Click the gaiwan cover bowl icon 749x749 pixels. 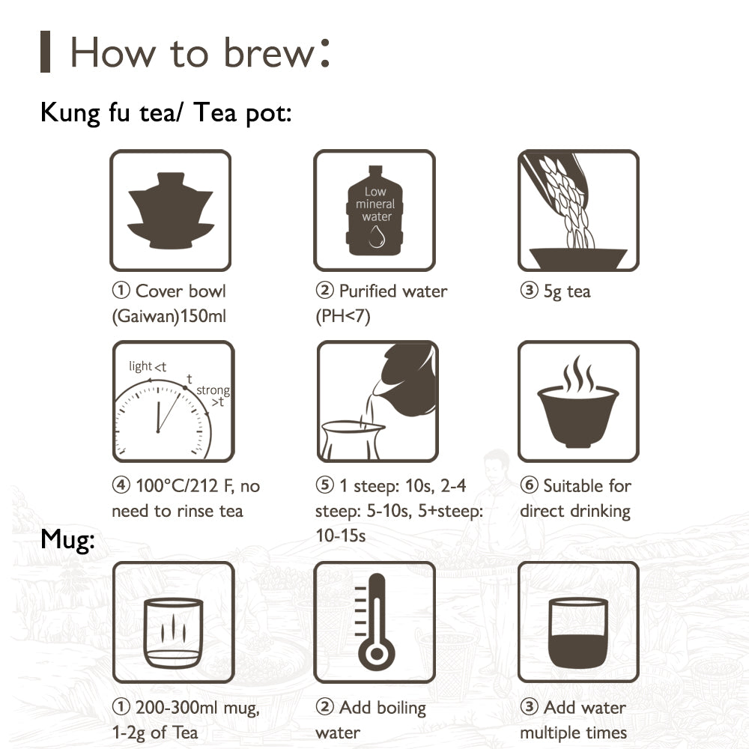pyautogui.click(x=170, y=210)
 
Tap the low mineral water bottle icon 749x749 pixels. pyautogui.click(x=375, y=210)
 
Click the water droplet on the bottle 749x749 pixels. pyautogui.click(x=377, y=236)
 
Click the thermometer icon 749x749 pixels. pyautogui.click(x=375, y=622)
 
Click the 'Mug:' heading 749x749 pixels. pyautogui.click(x=68, y=540)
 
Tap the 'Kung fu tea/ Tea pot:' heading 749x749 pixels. pyautogui.click(x=166, y=114)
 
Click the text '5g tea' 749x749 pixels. pyautogui.click(x=567, y=291)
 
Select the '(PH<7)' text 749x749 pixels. pyautogui.click(x=343, y=316)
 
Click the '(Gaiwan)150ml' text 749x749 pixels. pyautogui.click(x=169, y=316)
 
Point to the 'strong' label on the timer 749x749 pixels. pyautogui.click(x=213, y=391)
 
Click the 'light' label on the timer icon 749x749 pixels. pyautogui.click(x=141, y=366)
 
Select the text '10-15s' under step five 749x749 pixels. pyautogui.click(x=341, y=536)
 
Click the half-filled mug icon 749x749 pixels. pyautogui.click(x=578, y=632)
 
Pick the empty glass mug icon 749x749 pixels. pyautogui.click(x=174, y=632)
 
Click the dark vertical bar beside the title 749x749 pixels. pyautogui.click(x=46, y=52)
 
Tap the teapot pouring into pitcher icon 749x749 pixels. pyautogui.click(x=377, y=401)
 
